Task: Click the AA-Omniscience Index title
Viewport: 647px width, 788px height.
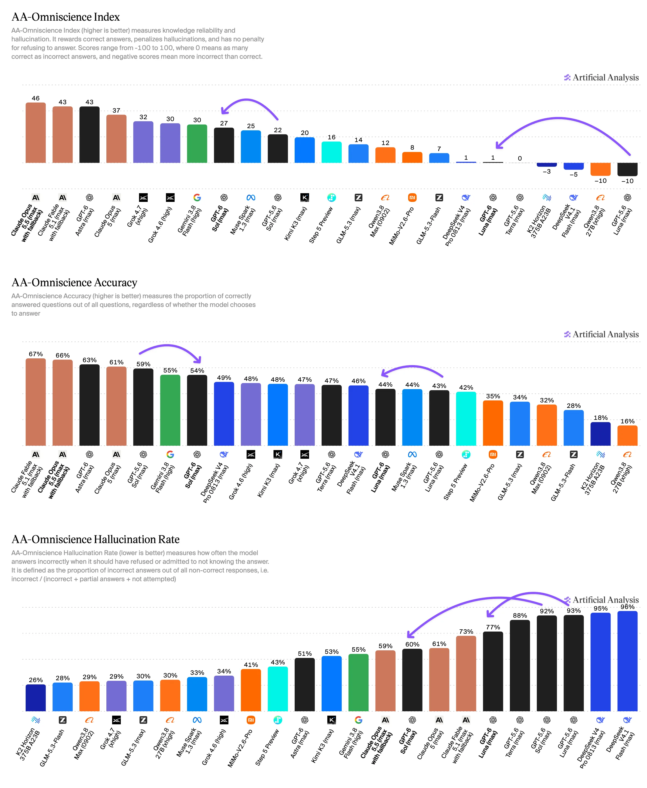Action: pyautogui.click(x=66, y=17)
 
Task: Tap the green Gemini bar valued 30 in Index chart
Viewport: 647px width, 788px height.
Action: pyautogui.click(x=197, y=143)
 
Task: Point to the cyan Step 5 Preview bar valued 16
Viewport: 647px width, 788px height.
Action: pyautogui.click(x=332, y=152)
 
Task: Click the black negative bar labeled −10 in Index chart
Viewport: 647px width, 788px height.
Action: pyautogui.click(x=628, y=169)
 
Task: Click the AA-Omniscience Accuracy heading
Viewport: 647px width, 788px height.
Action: pyautogui.click(x=75, y=282)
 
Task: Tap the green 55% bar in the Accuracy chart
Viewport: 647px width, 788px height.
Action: pyautogui.click(x=170, y=410)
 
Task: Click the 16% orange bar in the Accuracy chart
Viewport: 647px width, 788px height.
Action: pyautogui.click(x=628, y=435)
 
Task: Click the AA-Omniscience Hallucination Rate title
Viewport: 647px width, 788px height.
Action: pyautogui.click(x=95, y=539)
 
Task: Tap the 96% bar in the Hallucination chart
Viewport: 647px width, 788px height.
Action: pyautogui.click(x=628, y=661)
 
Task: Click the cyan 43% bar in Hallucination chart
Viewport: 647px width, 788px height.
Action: pyautogui.click(x=278, y=689)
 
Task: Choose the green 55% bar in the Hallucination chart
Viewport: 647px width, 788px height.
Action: pyautogui.click(x=359, y=682)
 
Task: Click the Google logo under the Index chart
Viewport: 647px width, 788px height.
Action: pyautogui.click(x=197, y=198)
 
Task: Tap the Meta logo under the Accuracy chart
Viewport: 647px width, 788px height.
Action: pyautogui.click(x=412, y=454)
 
